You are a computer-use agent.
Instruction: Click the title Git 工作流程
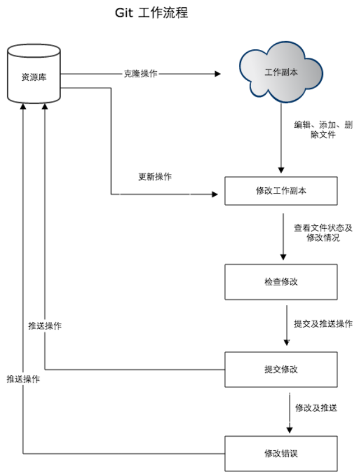point(151,12)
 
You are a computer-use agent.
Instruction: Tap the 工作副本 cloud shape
point(280,73)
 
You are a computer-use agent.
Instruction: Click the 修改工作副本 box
point(281,191)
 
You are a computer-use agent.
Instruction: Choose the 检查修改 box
point(281,281)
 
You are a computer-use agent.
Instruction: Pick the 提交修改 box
point(281,369)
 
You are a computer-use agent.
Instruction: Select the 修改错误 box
point(281,452)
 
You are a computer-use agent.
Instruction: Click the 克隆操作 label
point(140,73)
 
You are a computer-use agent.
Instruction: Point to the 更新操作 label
point(155,177)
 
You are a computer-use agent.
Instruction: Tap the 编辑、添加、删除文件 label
point(323,130)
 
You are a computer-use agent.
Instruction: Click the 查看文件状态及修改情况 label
point(323,233)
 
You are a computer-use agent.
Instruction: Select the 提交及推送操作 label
point(323,324)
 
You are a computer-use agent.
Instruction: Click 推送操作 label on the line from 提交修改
point(45,326)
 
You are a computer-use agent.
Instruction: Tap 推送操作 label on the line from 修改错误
point(23,379)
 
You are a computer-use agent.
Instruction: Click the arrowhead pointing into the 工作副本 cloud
point(219,73)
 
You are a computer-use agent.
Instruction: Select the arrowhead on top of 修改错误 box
point(289,431)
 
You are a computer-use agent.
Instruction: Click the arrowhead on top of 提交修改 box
point(287,344)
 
